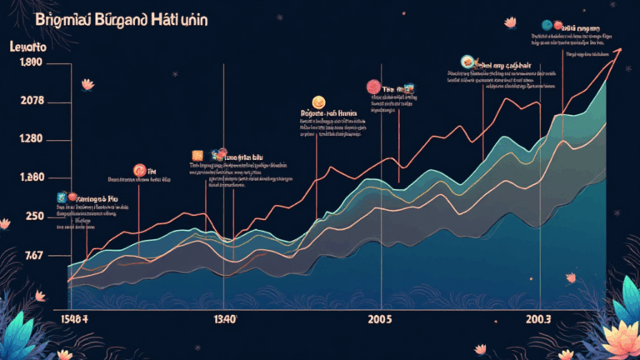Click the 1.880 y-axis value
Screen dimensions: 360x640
click(30, 177)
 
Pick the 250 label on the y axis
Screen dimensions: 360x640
click(34, 216)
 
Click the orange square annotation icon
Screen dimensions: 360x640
click(198, 155)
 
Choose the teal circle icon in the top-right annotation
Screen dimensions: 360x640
click(548, 26)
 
